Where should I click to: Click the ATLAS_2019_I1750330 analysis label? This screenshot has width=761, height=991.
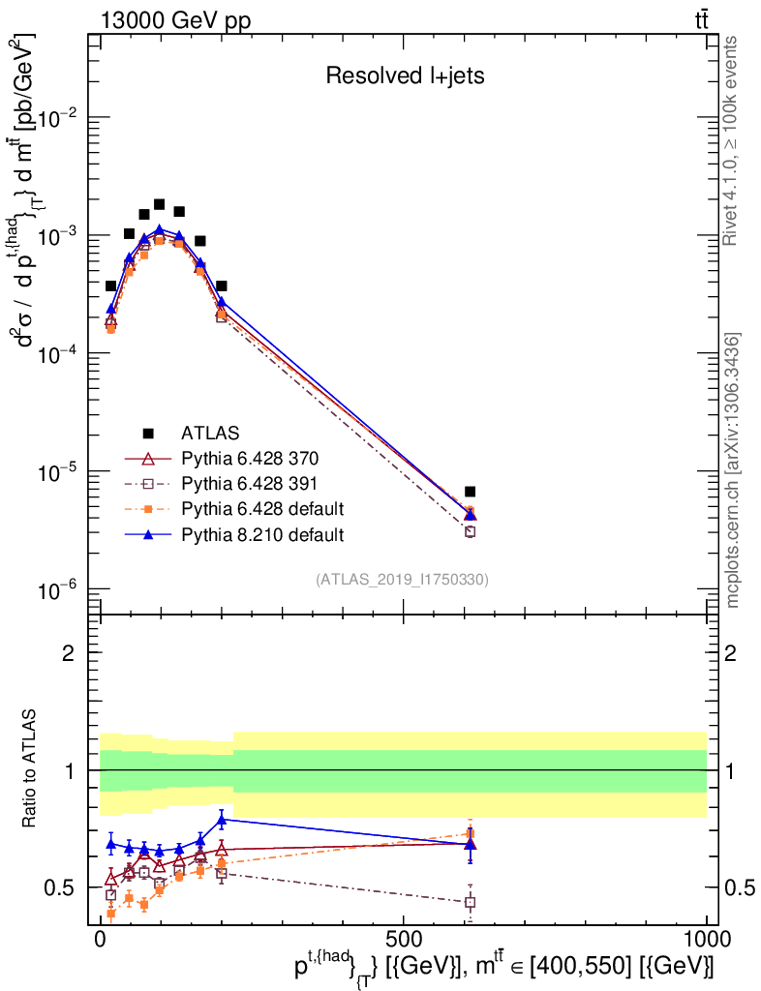coord(402,580)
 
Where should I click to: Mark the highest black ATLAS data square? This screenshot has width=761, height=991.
coord(159,205)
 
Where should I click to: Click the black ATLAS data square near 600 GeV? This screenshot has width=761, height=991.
coord(470,492)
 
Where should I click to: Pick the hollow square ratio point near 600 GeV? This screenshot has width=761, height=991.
coord(470,902)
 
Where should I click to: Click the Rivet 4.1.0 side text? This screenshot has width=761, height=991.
coord(733,140)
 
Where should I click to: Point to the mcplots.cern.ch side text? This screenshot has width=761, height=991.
coord(733,469)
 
